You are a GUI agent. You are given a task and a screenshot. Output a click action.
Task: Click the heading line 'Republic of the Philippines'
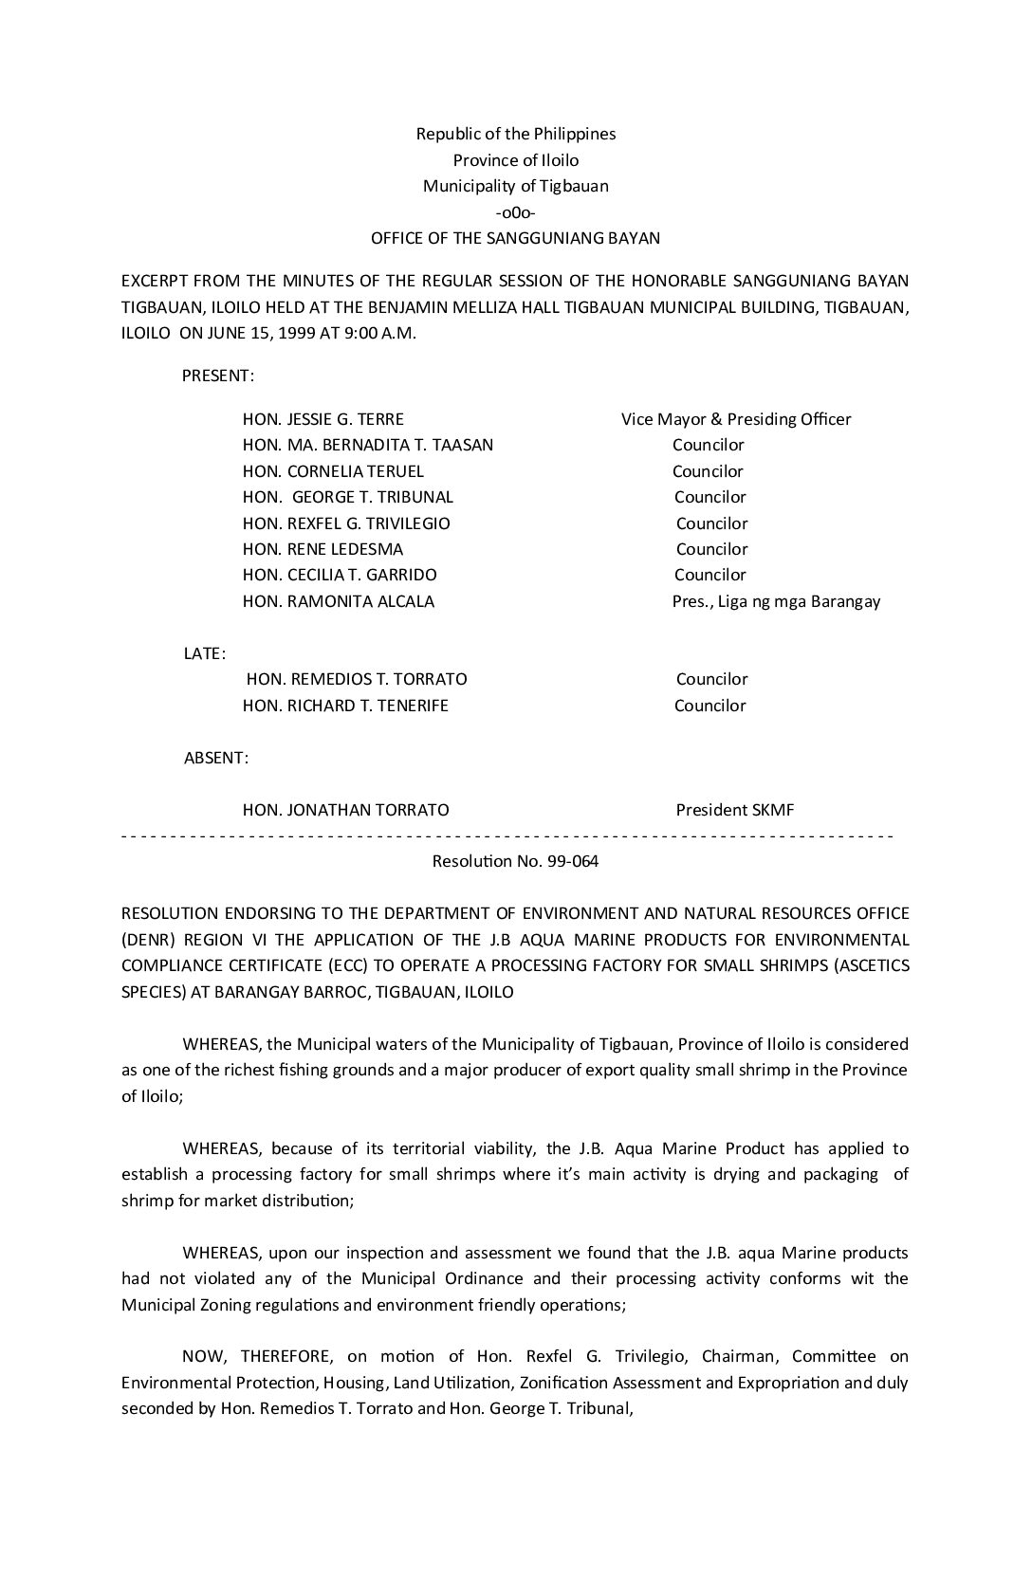[x=516, y=134]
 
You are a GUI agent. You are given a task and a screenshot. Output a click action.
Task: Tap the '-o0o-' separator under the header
[x=516, y=212]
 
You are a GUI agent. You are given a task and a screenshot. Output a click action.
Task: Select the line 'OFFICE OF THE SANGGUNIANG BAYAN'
[x=515, y=238]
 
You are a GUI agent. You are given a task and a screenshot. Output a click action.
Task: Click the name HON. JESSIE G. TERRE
[x=323, y=419]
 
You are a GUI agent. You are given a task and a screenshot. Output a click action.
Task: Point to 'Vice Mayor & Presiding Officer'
[x=736, y=419]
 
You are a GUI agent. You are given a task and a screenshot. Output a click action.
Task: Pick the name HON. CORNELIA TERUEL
[x=333, y=471]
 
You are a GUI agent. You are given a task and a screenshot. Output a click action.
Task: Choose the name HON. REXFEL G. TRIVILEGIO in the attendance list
[x=346, y=523]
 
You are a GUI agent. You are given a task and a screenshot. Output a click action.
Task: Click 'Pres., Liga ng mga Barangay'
[x=776, y=601]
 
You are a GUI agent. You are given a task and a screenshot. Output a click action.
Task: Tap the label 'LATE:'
[x=204, y=653]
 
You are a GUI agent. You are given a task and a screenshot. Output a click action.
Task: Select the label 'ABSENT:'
[x=216, y=758]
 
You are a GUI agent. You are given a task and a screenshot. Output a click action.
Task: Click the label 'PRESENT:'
[x=218, y=376]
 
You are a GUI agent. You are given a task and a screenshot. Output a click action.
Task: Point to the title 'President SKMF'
[x=735, y=810]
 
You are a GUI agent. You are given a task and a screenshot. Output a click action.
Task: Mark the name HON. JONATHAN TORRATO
[x=346, y=810]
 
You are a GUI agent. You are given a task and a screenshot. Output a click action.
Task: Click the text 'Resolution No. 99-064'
[x=515, y=862]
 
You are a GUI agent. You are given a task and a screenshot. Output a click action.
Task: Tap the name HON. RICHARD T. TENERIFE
[x=345, y=706]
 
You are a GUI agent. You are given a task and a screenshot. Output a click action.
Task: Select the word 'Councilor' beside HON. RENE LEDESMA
[x=711, y=549]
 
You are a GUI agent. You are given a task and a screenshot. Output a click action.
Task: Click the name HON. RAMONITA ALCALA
[x=339, y=601]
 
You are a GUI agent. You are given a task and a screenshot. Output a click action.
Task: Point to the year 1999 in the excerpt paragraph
[x=298, y=334]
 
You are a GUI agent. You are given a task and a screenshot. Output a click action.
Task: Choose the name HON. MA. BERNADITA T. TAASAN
[x=368, y=445]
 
